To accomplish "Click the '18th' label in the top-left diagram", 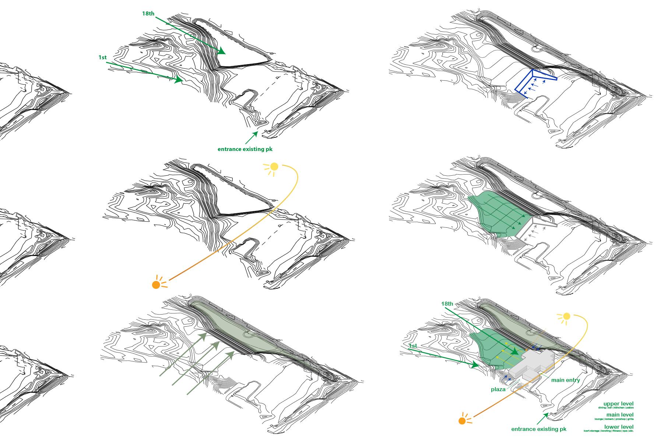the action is coord(148,14).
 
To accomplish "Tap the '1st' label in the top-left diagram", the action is coord(102,57).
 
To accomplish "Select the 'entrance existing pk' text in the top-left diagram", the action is coord(245,149).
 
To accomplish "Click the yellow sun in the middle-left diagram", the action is coord(274,167).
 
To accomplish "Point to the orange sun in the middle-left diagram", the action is coord(156,284).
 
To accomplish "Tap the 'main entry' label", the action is coord(565,380).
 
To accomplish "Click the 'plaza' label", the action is coord(498,389).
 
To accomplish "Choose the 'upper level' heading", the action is coord(618,404).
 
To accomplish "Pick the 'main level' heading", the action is coord(620,415).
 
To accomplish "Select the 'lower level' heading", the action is coord(619,427).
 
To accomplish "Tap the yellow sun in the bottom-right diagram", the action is coord(566,316).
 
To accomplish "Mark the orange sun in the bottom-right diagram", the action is coord(462,421).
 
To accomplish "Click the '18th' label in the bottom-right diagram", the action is coord(447,304).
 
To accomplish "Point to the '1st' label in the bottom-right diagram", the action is coord(413,346).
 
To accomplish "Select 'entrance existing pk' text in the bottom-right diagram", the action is coord(539,429).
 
